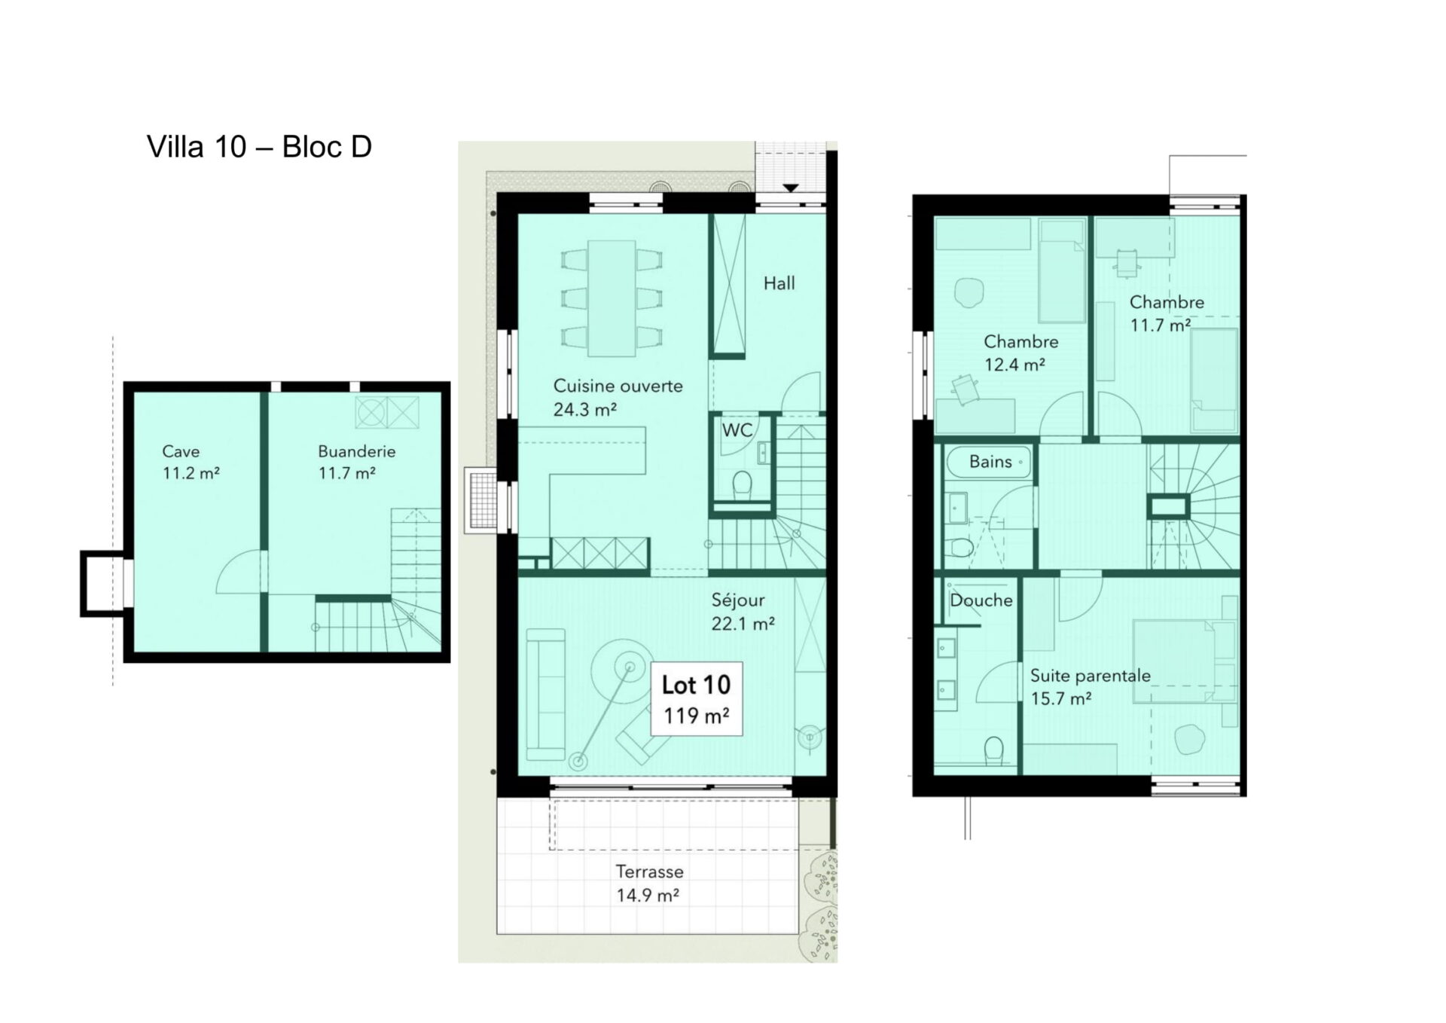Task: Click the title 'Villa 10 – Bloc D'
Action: (x=259, y=147)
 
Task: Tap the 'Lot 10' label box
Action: (x=697, y=698)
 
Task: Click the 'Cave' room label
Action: (x=181, y=451)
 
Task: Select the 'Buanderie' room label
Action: (x=356, y=451)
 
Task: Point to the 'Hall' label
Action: (x=779, y=283)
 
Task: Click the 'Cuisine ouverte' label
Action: (x=618, y=386)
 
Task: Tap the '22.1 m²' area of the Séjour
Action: (x=743, y=624)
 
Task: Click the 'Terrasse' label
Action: (x=649, y=872)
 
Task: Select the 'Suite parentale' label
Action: (x=1090, y=676)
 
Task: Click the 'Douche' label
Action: (x=981, y=600)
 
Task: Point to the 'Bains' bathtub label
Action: (x=990, y=461)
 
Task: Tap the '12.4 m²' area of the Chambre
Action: (x=1014, y=365)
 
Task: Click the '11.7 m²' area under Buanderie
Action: (x=346, y=473)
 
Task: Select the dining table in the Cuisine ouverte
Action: (x=612, y=298)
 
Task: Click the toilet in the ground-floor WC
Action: (x=742, y=484)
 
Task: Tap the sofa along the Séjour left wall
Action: (x=545, y=694)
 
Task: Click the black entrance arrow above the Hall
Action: (x=790, y=188)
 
